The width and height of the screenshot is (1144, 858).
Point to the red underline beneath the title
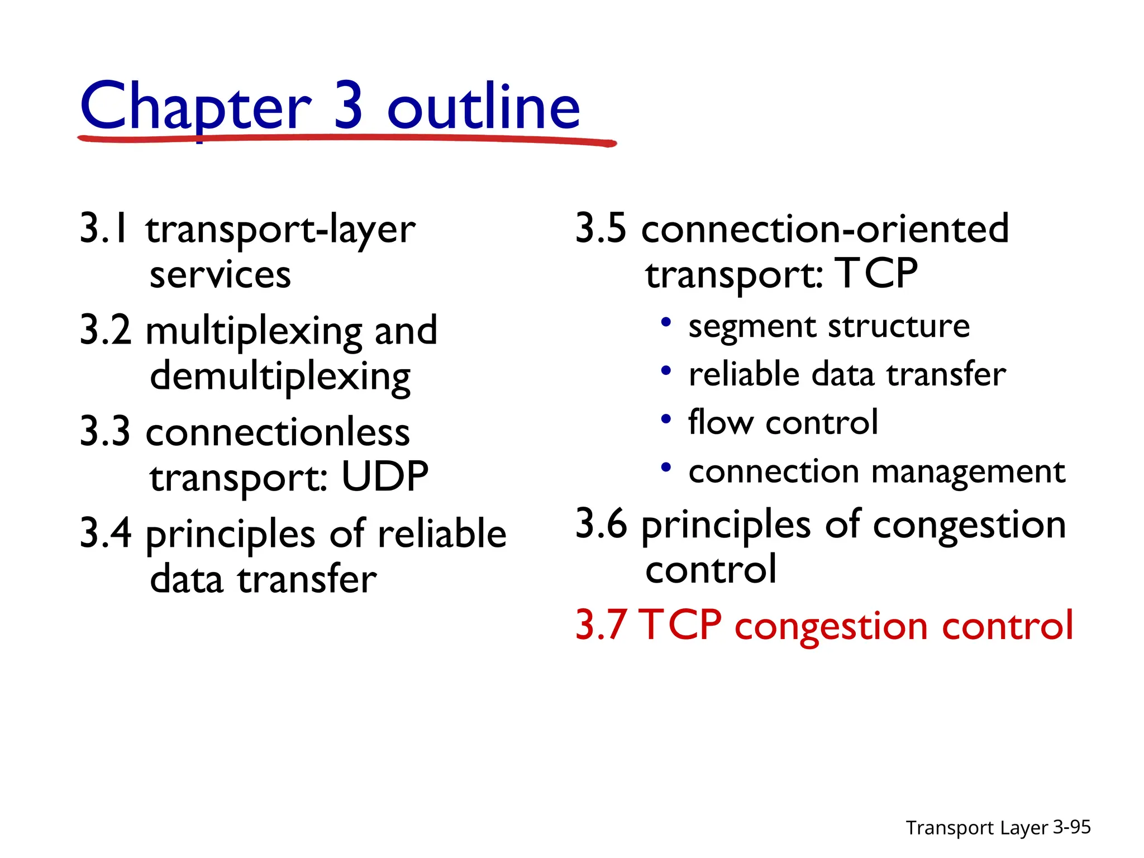coord(346,139)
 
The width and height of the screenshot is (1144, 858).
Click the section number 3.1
coord(104,228)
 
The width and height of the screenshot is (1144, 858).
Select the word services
coord(220,275)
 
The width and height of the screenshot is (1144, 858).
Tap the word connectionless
coord(278,432)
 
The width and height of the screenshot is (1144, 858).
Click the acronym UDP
coord(385,476)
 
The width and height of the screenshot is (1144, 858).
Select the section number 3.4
coord(106,533)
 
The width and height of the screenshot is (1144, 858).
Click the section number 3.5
coord(600,228)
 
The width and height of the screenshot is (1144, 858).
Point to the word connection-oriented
coord(825,228)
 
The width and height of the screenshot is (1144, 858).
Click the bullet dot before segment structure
coord(665,322)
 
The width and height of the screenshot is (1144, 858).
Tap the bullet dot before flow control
coord(665,419)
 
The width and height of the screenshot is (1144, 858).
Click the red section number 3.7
coord(600,625)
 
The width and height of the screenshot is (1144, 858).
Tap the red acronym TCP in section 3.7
coord(680,625)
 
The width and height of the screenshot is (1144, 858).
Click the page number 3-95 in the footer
coord(1071,827)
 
